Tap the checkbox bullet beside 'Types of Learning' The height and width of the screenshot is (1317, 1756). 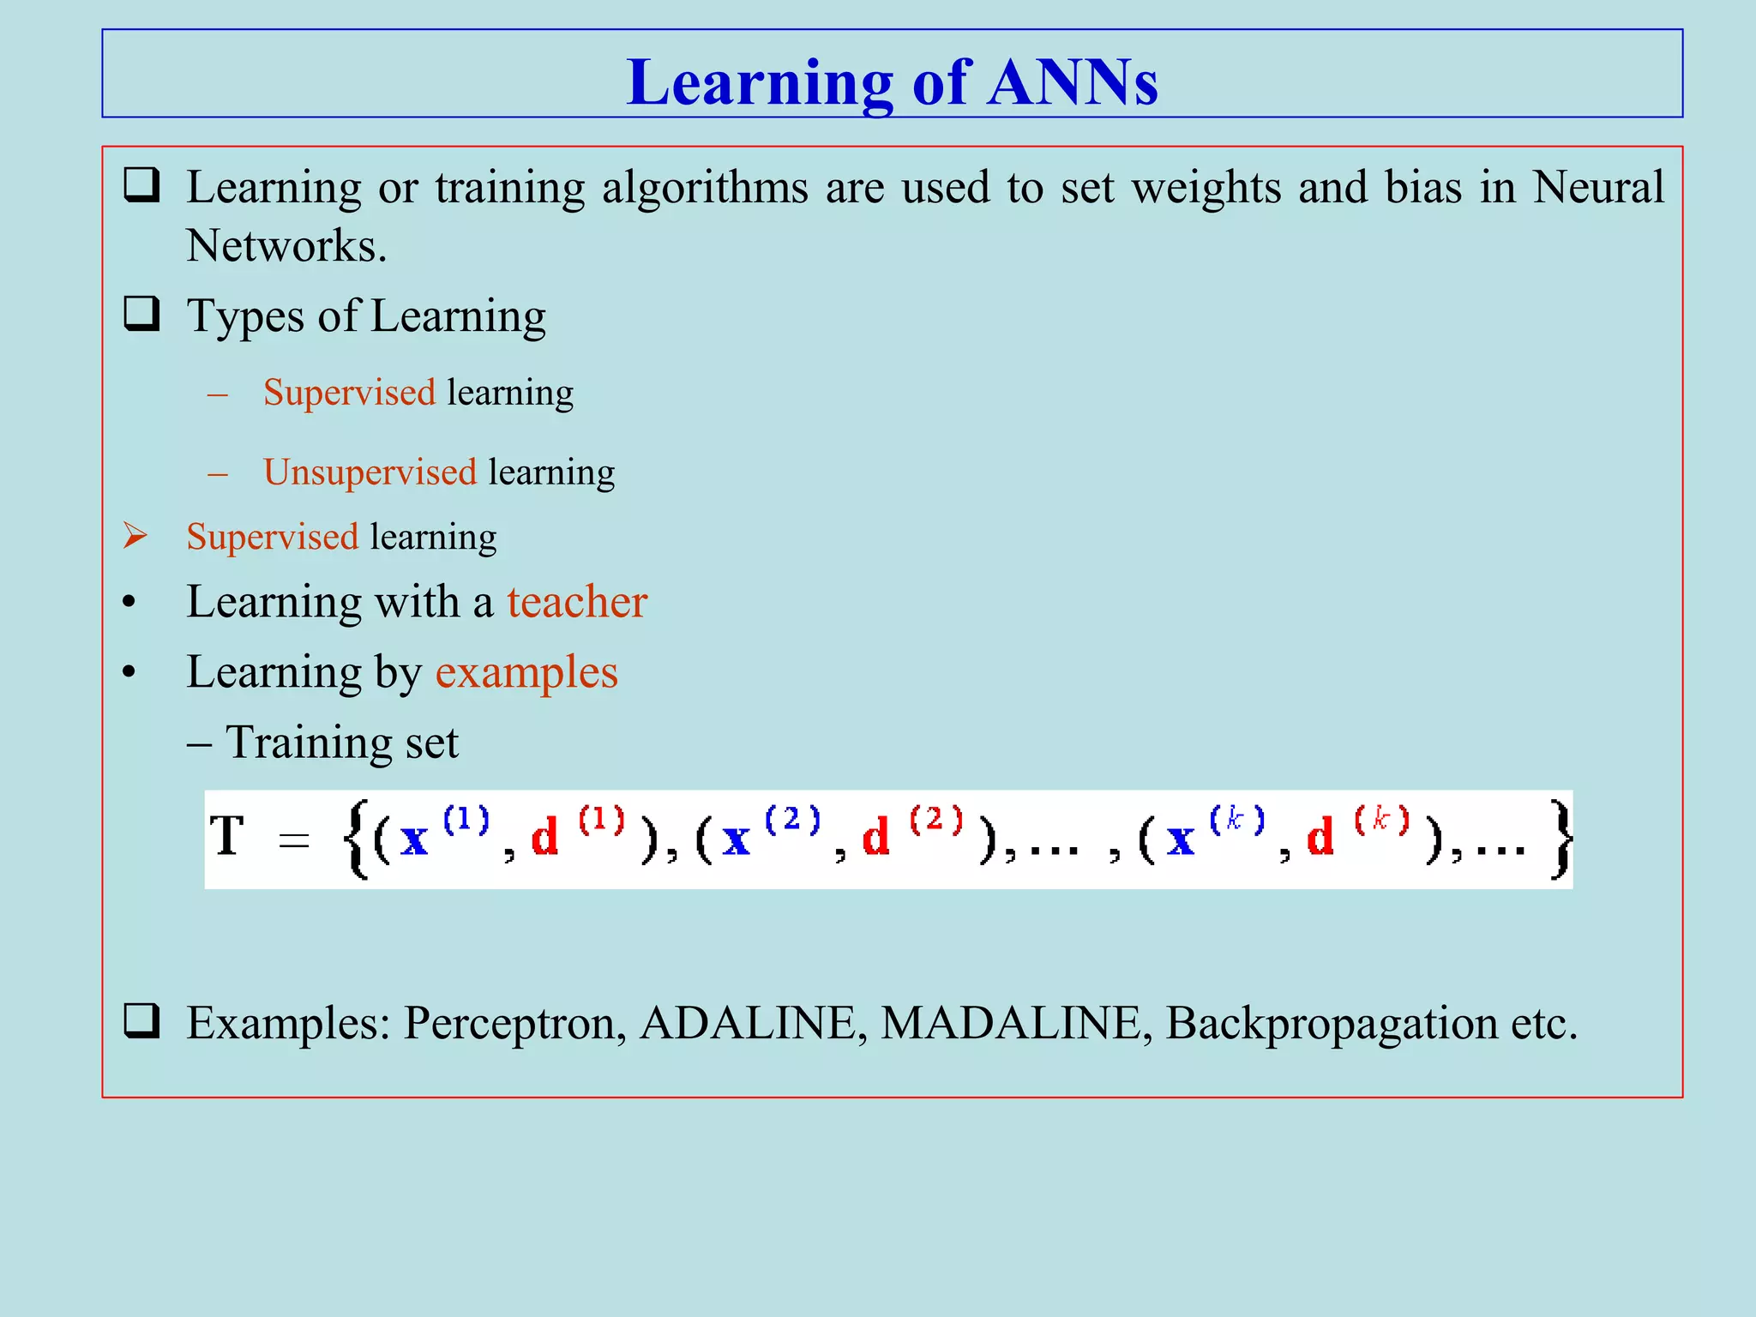[142, 314]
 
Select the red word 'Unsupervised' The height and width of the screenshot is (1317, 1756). [370, 472]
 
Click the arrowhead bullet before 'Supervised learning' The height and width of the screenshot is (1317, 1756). [135, 536]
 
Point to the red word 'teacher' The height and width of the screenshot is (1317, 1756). [577, 602]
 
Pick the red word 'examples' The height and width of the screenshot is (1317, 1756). [526, 672]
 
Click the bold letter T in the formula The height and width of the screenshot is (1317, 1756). [228, 836]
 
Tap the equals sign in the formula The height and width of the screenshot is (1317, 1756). [294, 841]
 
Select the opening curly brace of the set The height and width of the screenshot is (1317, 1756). [355, 839]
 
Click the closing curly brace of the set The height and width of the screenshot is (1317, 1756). [1561, 839]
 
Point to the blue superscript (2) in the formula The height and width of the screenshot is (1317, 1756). [792, 820]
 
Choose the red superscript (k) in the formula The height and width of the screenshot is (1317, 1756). [1381, 820]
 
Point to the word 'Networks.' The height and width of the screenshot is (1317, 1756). [286, 246]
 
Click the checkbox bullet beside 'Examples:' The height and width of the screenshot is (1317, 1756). [142, 1021]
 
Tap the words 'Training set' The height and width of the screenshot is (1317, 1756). [341, 743]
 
